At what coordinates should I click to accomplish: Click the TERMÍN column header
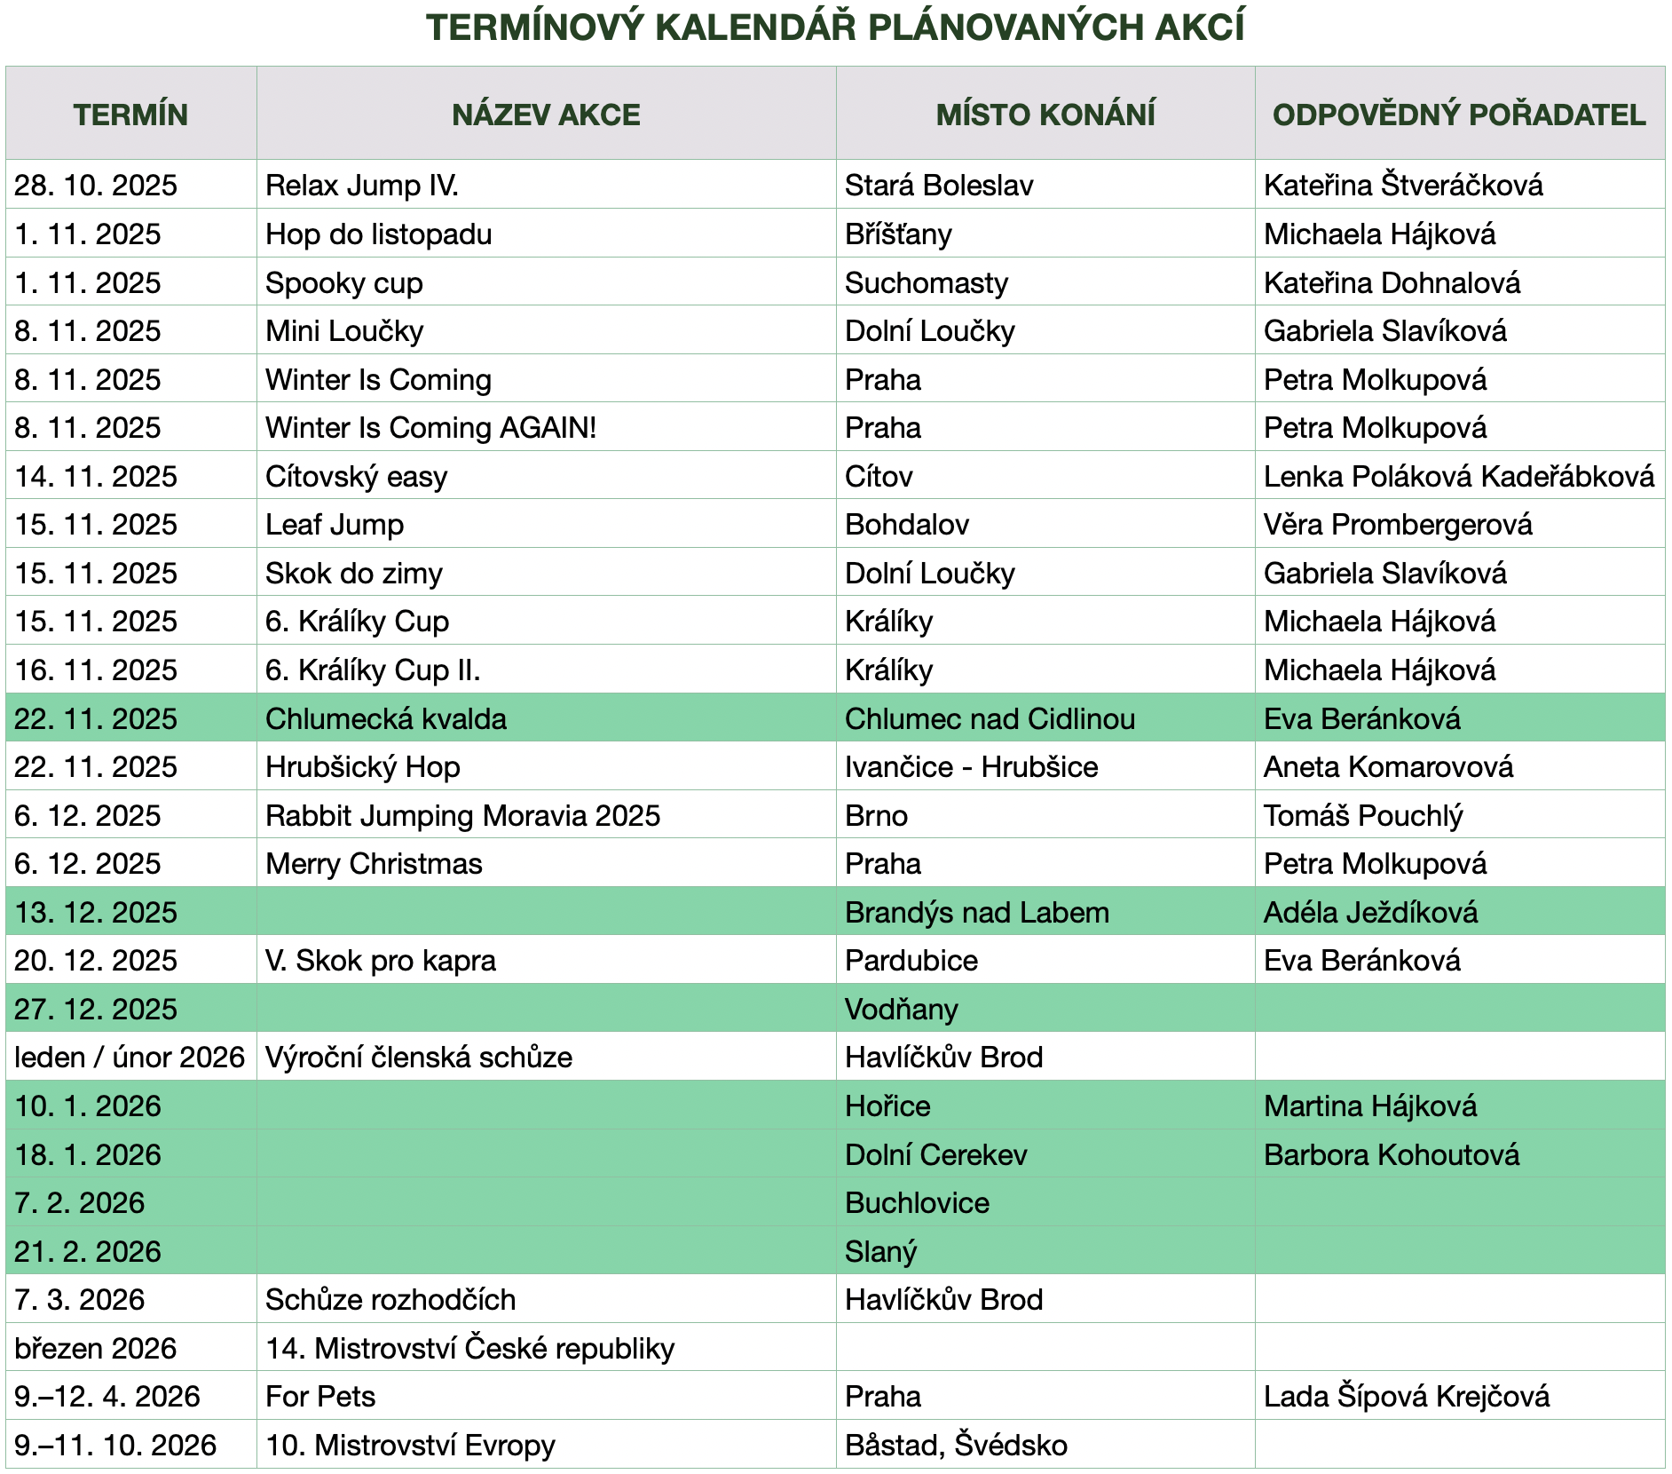pyautogui.click(x=130, y=115)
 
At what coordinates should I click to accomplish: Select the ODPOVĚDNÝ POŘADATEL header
pyautogui.click(x=1458, y=115)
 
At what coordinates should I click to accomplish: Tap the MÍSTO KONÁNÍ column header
pyautogui.click(x=1045, y=115)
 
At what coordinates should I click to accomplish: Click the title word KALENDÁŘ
pyautogui.click(x=756, y=28)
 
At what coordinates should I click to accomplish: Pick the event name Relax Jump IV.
pyautogui.click(x=361, y=185)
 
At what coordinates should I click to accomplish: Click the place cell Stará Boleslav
pyautogui.click(x=938, y=185)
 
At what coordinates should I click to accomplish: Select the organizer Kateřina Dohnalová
pyautogui.click(x=1391, y=282)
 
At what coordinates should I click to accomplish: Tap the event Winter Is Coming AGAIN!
pyautogui.click(x=430, y=427)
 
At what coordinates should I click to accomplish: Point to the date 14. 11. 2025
pyautogui.click(x=96, y=476)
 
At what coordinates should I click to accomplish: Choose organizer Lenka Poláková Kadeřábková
pyautogui.click(x=1458, y=476)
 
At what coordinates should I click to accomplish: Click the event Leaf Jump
pyautogui.click(x=335, y=524)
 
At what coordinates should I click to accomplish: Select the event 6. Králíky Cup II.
pyautogui.click(x=373, y=670)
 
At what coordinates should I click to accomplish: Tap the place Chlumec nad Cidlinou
pyautogui.click(x=989, y=718)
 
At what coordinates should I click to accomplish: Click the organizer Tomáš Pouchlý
pyautogui.click(x=1362, y=815)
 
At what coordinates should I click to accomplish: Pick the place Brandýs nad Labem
pyautogui.click(x=976, y=912)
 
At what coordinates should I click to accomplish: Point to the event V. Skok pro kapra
pyautogui.click(x=380, y=960)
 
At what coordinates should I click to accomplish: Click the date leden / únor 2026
pyautogui.click(x=130, y=1057)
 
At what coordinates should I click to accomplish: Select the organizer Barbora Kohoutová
pyautogui.click(x=1391, y=1154)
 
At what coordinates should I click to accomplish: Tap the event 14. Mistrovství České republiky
pyautogui.click(x=469, y=1348)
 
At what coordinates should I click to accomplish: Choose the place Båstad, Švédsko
pyautogui.click(x=955, y=1445)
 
